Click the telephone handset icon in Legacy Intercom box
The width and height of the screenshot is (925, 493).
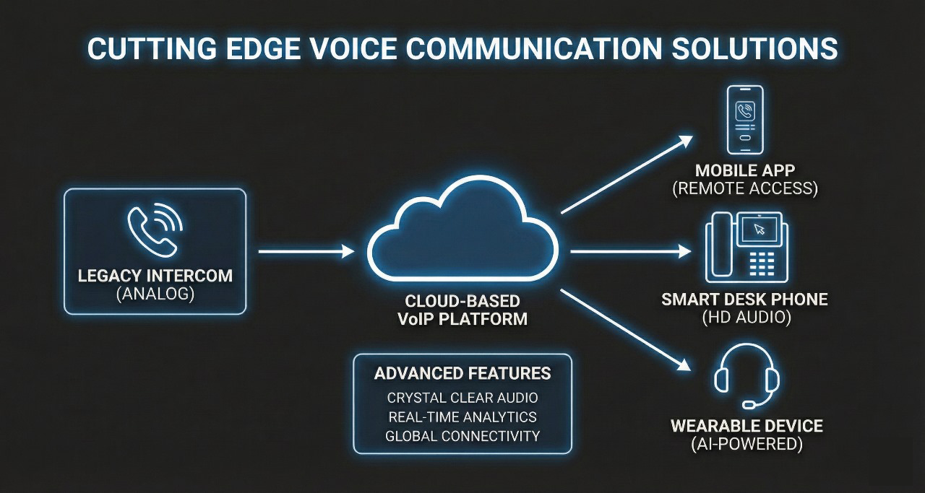point(150,232)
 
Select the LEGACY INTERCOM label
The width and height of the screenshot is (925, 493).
point(155,276)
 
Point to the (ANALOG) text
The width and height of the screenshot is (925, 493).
point(155,295)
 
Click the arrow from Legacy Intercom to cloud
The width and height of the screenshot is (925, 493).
point(306,251)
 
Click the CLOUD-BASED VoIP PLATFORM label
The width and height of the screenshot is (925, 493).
point(462,310)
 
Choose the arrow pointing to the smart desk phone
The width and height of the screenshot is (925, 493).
point(630,251)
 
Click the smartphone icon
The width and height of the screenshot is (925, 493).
point(745,120)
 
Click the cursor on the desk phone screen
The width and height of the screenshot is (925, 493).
point(759,230)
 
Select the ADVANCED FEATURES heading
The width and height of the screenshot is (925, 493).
point(462,373)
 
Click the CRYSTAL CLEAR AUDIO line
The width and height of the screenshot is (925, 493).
point(462,398)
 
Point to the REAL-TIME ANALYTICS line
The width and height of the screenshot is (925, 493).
point(462,416)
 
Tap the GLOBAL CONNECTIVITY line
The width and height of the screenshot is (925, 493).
point(462,436)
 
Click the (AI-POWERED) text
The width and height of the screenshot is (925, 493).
point(747,444)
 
